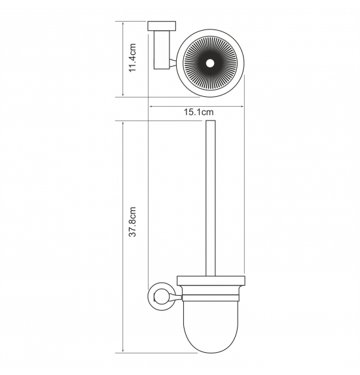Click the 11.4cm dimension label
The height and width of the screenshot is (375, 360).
tap(132, 58)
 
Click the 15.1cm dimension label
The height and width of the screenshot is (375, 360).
tap(198, 112)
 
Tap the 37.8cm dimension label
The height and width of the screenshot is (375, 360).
tap(132, 222)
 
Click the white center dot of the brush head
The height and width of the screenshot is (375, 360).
tap(211, 63)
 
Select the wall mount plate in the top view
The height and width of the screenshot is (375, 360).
tap(162, 26)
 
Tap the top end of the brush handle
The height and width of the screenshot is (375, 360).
tap(211, 121)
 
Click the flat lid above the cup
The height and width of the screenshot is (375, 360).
tap(211, 281)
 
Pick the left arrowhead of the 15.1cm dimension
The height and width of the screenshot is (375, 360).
tap(151, 107)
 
